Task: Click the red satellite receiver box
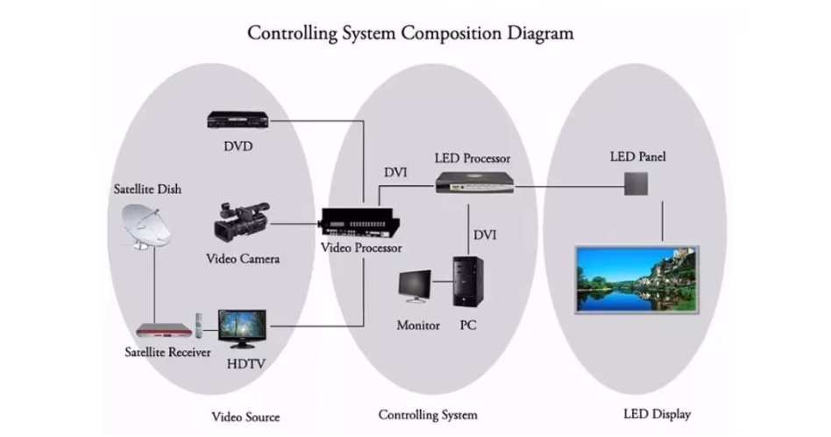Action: pos(163,332)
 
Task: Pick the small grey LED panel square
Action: pos(637,183)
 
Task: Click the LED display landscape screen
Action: pos(637,281)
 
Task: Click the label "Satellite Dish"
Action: pos(147,189)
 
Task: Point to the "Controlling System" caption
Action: pos(428,414)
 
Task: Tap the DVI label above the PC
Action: pos(485,234)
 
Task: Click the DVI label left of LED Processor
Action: pos(395,171)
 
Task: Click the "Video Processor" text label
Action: pos(361,248)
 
